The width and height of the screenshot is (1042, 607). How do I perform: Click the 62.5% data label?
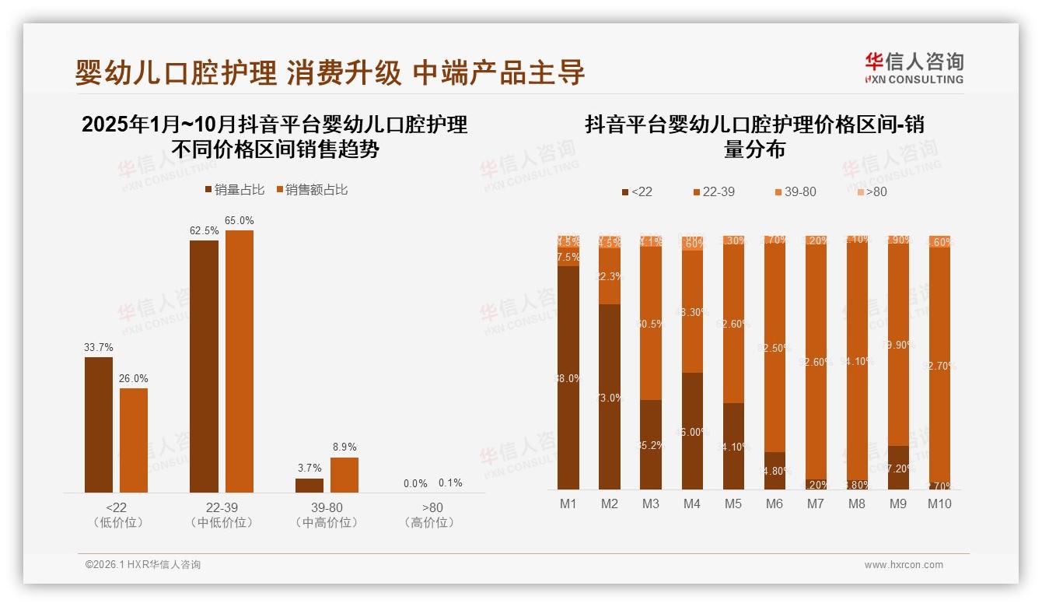(204, 231)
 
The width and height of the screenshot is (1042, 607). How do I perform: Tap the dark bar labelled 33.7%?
(99, 424)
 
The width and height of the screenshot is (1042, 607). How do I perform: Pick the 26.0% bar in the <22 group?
(134, 440)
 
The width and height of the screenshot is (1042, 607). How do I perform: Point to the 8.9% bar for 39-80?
(344, 475)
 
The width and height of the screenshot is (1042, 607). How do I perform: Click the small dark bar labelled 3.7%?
(309, 485)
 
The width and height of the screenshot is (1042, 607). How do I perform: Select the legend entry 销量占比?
(234, 190)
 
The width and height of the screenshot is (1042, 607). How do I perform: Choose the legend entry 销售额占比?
(310, 190)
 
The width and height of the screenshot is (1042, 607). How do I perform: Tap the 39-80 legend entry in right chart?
(795, 191)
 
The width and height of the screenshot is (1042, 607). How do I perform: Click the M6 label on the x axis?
(775, 503)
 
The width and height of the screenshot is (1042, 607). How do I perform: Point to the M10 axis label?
(939, 503)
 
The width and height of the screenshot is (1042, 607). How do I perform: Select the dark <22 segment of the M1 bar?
(568, 377)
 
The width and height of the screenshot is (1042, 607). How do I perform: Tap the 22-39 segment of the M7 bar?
(816, 362)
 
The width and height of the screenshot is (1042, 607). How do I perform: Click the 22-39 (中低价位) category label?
(222, 514)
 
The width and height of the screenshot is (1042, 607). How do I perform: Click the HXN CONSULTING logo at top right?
(914, 68)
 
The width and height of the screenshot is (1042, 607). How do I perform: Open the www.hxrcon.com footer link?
(904, 565)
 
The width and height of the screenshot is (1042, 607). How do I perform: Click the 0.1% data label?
(450, 483)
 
